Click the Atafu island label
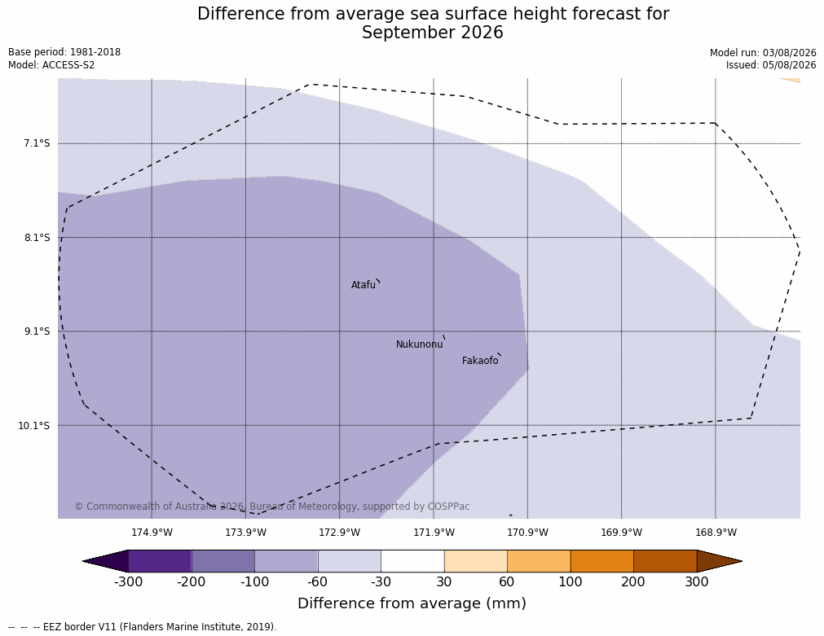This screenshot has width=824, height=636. click(364, 285)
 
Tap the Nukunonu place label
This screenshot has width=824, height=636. click(420, 344)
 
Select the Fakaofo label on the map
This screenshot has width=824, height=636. click(480, 361)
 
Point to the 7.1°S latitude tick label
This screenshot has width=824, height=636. click(37, 143)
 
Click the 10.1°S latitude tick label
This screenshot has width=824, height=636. click(34, 425)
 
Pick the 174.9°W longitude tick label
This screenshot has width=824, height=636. click(152, 533)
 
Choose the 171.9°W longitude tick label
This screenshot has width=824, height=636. click(434, 533)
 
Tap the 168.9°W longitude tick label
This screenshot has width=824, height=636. click(716, 533)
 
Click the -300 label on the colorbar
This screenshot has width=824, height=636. click(128, 582)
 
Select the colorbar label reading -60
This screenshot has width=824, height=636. click(317, 582)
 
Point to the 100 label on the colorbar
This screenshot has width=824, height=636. click(571, 582)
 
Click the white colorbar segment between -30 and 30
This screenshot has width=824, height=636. click(412, 561)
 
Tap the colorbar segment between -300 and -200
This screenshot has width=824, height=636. click(160, 561)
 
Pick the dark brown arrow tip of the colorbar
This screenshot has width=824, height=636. click(741, 561)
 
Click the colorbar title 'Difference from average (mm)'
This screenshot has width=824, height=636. click(412, 603)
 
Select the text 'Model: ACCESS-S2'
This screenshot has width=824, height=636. click(51, 65)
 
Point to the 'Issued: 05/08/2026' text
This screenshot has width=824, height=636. click(771, 65)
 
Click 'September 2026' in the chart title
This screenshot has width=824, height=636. click(433, 33)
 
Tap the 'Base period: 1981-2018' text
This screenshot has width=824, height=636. click(64, 52)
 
